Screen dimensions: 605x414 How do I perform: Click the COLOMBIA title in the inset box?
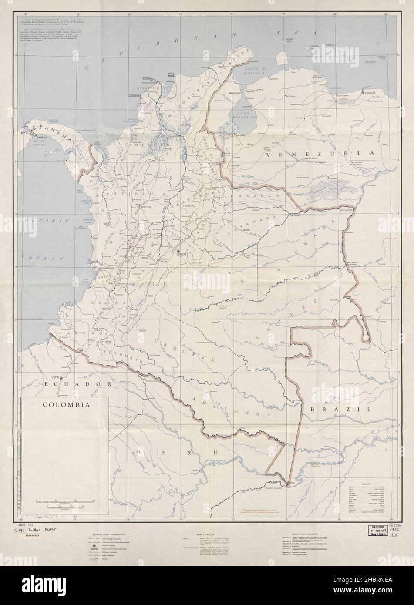pyautogui.click(x=66, y=404)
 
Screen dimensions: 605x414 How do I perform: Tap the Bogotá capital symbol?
pyautogui.click(x=178, y=252)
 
